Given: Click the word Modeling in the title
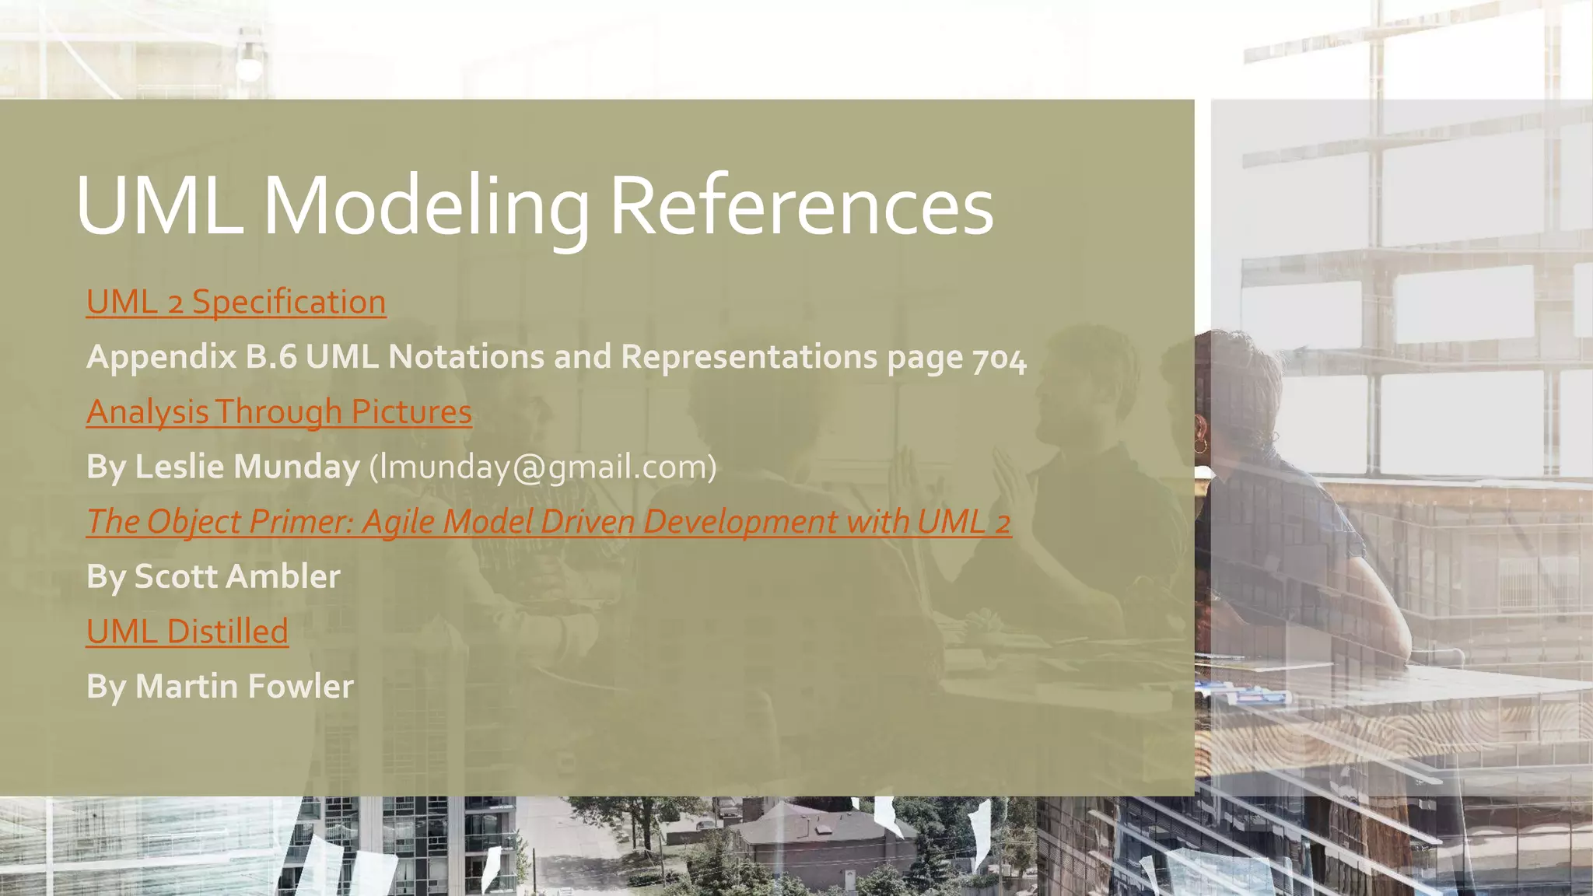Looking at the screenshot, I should pyautogui.click(x=426, y=206).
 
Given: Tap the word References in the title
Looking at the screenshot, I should pyautogui.click(x=801, y=206).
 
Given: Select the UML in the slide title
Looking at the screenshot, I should pyautogui.click(x=159, y=206).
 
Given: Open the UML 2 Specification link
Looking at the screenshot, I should pyautogui.click(x=236, y=302).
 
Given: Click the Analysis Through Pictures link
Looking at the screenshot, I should pyautogui.click(x=278, y=411).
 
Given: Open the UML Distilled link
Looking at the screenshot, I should pyautogui.click(x=187, y=631).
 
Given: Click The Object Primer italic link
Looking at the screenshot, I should pyautogui.click(x=548, y=521).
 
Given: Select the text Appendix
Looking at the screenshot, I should pyautogui.click(x=161, y=357).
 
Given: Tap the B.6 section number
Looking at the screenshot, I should pyautogui.click(x=271, y=357).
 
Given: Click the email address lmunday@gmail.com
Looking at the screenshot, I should pyautogui.click(x=542, y=467).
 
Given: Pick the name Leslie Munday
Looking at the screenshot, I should pyautogui.click(x=247, y=467).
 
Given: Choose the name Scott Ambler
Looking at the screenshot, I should pyautogui.click(x=237, y=576).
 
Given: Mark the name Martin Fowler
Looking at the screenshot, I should pyautogui.click(x=244, y=686).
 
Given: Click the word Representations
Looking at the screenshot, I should pyautogui.click(x=749, y=357).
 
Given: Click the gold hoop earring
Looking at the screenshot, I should pyautogui.click(x=1200, y=445).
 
